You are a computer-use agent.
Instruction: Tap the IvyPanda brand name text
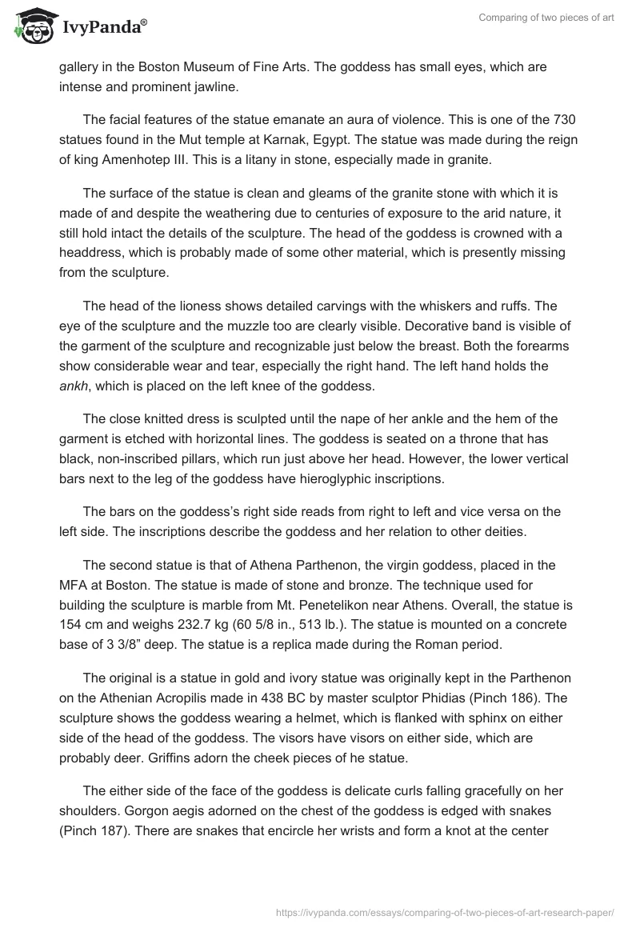click(102, 30)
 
